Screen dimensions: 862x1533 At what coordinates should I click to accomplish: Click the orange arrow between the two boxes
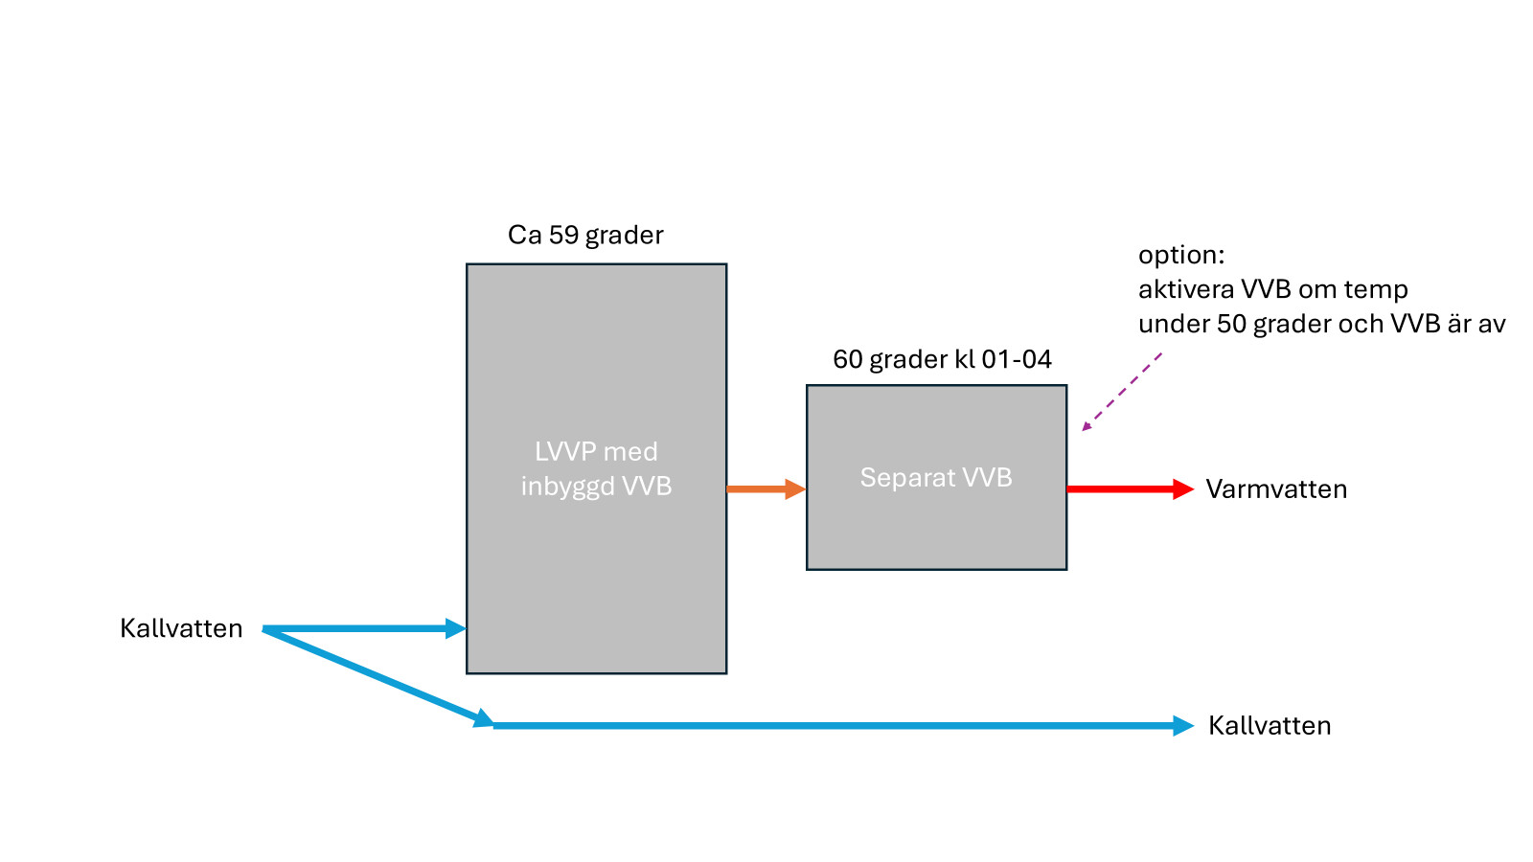[765, 489]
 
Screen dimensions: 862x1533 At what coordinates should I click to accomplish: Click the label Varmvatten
[1276, 489]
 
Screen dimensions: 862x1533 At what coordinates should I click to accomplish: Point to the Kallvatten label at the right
[1270, 726]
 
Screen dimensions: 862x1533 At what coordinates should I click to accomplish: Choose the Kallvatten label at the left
[181, 628]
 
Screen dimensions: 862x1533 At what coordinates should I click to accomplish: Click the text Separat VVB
[936, 478]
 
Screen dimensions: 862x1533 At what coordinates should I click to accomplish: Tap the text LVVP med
[596, 451]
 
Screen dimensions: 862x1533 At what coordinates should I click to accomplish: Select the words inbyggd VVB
[596, 487]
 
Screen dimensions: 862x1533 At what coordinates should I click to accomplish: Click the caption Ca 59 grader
[585, 236]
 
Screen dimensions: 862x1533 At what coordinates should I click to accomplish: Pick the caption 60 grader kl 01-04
[942, 359]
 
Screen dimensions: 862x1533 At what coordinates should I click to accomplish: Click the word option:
[1181, 255]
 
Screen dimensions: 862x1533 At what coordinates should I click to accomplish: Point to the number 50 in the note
[1231, 325]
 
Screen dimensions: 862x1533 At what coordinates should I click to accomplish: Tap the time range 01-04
[1017, 359]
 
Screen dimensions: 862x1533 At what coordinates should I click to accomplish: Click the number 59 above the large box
[563, 236]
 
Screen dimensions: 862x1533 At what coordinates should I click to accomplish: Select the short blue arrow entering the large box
[364, 629]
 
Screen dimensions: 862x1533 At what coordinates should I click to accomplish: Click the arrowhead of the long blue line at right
[1183, 726]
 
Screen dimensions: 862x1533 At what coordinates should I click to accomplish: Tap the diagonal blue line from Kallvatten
[374, 675]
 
